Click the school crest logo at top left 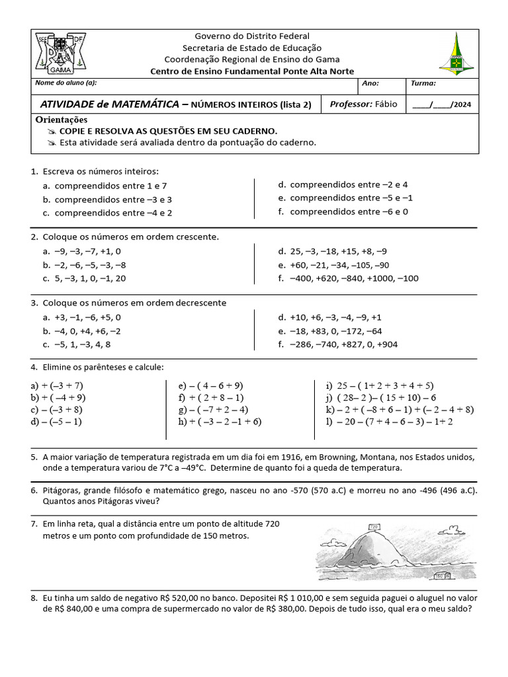coord(60,54)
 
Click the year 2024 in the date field coord(462,104)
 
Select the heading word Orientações coord(61,120)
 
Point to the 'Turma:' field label coord(423,84)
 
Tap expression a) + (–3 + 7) coord(57,385)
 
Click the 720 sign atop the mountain coord(374,527)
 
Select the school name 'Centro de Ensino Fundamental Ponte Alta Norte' coord(252,71)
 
